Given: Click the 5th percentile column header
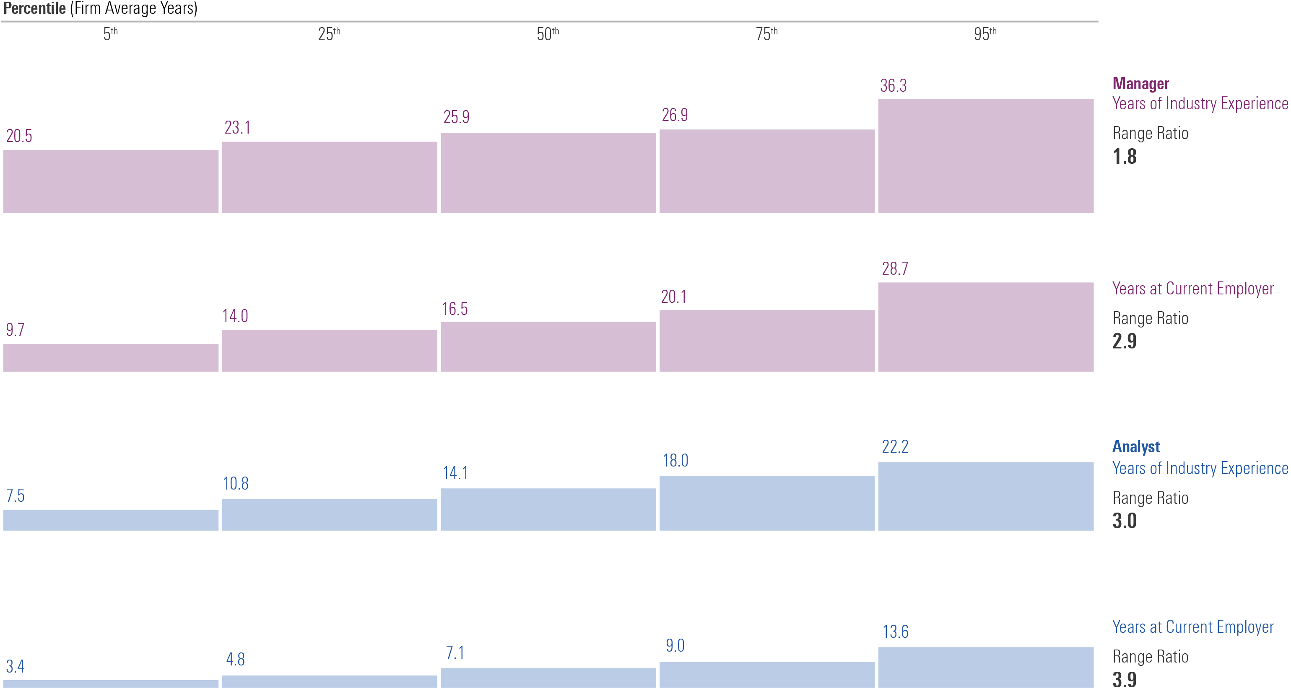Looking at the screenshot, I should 110,34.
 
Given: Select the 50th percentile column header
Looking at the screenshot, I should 547,34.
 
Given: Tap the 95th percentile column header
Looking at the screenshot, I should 985,34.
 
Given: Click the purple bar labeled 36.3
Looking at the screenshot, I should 985,156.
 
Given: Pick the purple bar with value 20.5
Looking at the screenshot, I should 111,181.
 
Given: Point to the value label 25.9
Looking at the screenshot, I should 456,117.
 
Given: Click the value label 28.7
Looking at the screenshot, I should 895,269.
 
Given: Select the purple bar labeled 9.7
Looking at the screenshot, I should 111,358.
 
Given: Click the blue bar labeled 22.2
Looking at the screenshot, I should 985,496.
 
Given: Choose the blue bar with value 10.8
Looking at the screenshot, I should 329,514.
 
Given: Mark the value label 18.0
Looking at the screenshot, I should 675,461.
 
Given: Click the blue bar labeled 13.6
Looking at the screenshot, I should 985,667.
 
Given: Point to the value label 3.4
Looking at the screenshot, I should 15,666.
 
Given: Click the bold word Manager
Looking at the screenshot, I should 1140,84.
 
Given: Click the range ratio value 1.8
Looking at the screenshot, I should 1124,157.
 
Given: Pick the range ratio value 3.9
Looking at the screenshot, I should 1124,679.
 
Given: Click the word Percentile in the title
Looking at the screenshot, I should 34,8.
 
